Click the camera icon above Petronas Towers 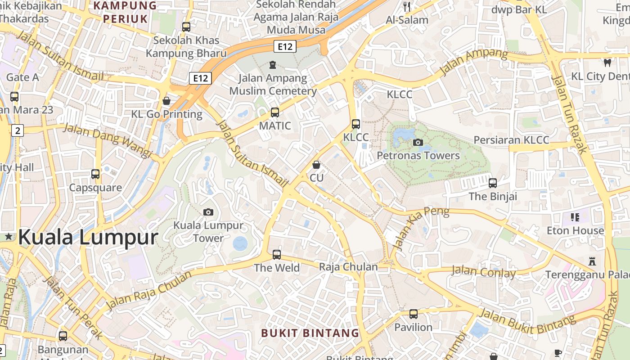[x=418, y=143]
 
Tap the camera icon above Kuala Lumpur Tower [x=208, y=212]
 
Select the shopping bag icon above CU [x=316, y=165]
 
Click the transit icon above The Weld [x=277, y=255]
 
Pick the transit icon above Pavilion [x=414, y=314]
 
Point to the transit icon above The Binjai [x=493, y=183]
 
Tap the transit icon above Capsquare [x=95, y=174]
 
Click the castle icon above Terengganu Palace [x=592, y=261]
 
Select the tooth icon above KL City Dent [x=607, y=63]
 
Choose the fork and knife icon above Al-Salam [x=407, y=7]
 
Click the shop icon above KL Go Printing [x=166, y=101]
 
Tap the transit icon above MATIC [x=274, y=112]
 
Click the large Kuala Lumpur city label [x=88, y=237]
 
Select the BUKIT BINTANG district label [x=310, y=333]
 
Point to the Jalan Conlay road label [x=483, y=272]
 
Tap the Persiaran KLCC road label [x=511, y=140]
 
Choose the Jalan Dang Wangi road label [x=107, y=140]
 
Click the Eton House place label [x=575, y=231]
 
